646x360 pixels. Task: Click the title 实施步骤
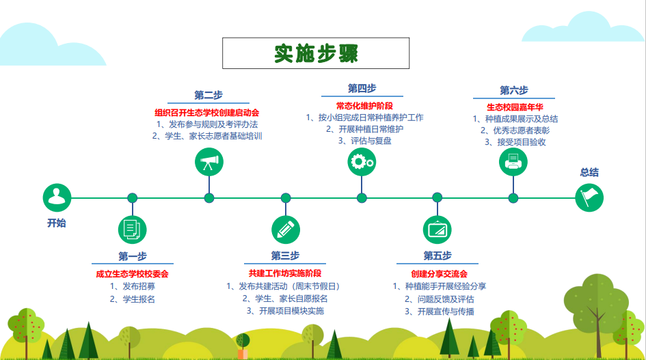[x=316, y=53]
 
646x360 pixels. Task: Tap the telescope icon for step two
[x=209, y=162]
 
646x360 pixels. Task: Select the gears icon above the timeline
[x=362, y=162]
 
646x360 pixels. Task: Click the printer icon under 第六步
[x=513, y=162]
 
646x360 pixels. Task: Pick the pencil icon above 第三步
[x=286, y=230]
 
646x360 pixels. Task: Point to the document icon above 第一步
[x=132, y=230]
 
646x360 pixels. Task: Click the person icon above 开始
[x=57, y=197]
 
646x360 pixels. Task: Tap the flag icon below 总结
[x=589, y=197]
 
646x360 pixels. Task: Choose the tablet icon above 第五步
[x=437, y=230]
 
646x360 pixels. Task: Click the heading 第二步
[x=208, y=95]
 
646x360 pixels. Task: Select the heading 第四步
[x=362, y=89]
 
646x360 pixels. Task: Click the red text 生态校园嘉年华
[x=515, y=107]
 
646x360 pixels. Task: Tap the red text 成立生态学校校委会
[x=132, y=274]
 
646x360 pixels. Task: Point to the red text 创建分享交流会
[x=439, y=274]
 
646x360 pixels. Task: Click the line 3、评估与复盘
[x=364, y=141]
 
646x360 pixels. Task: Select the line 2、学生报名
[x=132, y=299]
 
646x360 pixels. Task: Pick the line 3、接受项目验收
[x=515, y=142]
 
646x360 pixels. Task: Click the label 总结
[x=589, y=172]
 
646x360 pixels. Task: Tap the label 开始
[x=57, y=223]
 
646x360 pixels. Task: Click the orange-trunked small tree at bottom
[x=243, y=346]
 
